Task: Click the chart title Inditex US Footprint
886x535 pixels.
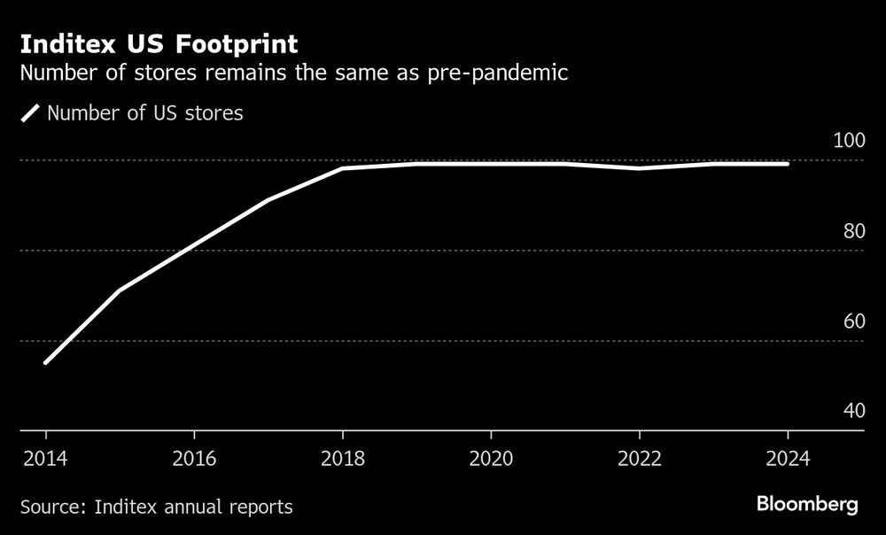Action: (159, 43)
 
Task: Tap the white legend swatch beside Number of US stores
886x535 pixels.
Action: (31, 113)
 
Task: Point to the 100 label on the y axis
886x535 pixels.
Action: (848, 141)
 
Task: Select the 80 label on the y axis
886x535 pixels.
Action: (851, 231)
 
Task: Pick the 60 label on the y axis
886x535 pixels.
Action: (851, 322)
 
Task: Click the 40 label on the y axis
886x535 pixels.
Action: (851, 411)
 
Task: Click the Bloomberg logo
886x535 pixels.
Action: (807, 506)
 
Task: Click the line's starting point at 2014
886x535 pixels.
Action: (45, 362)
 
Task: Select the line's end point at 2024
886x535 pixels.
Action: (788, 164)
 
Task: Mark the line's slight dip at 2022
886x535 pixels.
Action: (640, 168)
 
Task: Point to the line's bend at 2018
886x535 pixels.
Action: (342, 168)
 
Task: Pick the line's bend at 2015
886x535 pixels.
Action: (120, 290)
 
